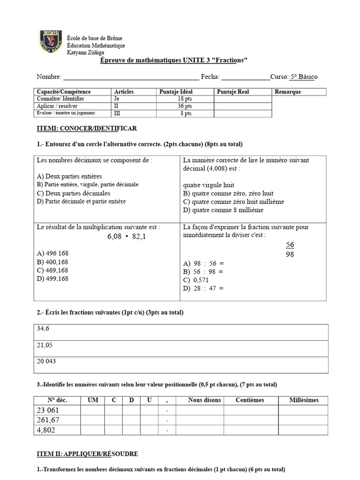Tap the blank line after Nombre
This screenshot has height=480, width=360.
(131, 77)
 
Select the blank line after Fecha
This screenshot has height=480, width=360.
(245, 77)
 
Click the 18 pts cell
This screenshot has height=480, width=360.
(185, 99)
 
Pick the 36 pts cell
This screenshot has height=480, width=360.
(185, 106)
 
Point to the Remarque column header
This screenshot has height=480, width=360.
(288, 92)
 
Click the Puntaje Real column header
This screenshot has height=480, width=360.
(233, 92)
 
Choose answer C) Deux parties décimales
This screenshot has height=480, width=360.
(74, 193)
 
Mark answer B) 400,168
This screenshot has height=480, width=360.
(52, 262)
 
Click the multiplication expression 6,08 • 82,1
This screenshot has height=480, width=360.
(127, 237)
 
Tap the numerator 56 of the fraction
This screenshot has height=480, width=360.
(290, 245)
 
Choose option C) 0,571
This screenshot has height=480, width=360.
(196, 280)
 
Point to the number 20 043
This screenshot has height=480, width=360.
(46, 361)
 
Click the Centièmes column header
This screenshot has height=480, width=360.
(249, 400)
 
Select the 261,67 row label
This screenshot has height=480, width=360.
(48, 420)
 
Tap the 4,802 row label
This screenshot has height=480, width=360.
(46, 430)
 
